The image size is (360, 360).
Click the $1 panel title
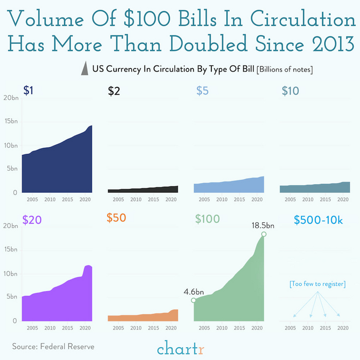pos(29,91)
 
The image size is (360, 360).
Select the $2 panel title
pos(114,91)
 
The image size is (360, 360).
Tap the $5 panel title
pos(202,91)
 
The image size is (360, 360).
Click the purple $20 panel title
pos(32,219)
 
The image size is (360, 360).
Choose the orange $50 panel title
pos(116,218)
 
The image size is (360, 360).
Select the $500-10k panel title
pos(318,220)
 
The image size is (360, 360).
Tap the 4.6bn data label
pos(194,292)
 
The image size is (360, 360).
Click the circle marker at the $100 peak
pos(264,235)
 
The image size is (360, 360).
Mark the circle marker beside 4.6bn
pos(193,300)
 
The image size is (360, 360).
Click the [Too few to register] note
pos(317,284)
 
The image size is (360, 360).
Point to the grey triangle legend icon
pos(84,69)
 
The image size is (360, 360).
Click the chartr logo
pos(180,349)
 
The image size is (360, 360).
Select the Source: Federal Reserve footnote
pos(53,346)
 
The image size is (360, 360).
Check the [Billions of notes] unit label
pos(285,69)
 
